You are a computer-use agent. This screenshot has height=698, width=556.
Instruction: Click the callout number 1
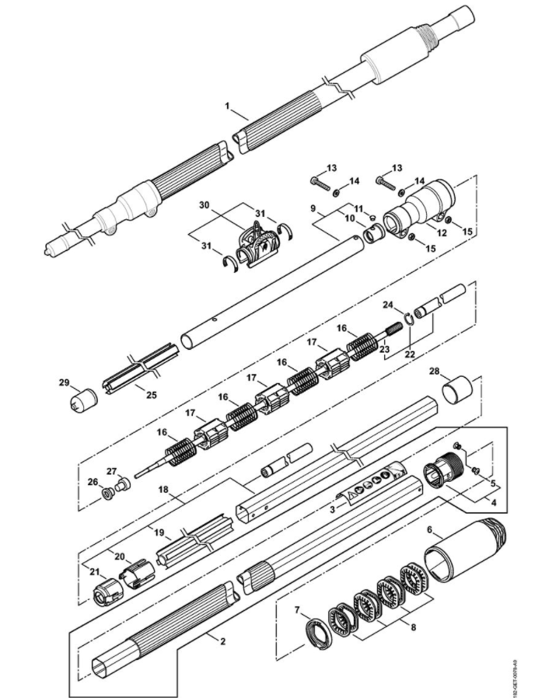(x=228, y=106)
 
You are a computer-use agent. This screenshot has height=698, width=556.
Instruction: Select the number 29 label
(x=65, y=382)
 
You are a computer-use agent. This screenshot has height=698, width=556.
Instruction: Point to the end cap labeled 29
(x=84, y=399)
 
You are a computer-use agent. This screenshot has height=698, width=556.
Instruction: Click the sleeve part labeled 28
(x=457, y=389)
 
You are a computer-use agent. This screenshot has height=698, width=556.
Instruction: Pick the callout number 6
(x=430, y=529)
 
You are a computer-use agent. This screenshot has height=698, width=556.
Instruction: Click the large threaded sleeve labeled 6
(x=465, y=552)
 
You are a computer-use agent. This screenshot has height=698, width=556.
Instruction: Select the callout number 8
(x=414, y=627)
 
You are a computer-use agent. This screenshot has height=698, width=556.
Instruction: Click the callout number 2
(x=222, y=641)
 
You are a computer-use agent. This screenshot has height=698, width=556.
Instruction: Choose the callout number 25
(x=152, y=394)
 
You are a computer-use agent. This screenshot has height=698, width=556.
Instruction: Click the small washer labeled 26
(x=107, y=494)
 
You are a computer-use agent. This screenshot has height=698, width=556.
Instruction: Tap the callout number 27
(x=111, y=471)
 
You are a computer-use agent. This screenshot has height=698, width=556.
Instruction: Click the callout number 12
(x=442, y=232)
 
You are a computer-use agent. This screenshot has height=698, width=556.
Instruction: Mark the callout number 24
(x=388, y=305)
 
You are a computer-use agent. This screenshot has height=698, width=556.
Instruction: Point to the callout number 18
(x=163, y=489)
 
